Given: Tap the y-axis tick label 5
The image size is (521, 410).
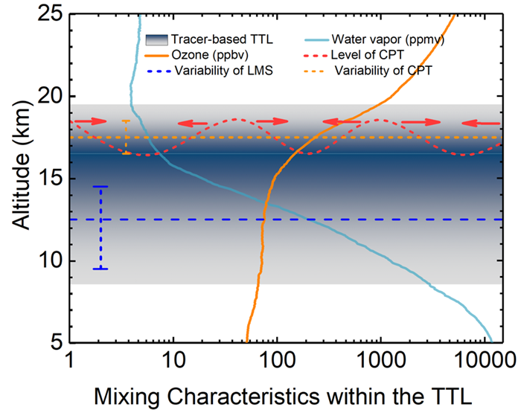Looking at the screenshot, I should pos(54,342).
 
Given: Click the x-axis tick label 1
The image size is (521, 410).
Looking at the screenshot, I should pos(70,359).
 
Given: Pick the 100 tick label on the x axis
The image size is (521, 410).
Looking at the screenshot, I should pos(277,359).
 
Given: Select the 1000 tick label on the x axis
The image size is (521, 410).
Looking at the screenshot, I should pos(380,359).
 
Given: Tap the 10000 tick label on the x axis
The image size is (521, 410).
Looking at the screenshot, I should pos(482,359).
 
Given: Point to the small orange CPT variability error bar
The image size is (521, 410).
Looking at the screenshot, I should pos(126,137).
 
